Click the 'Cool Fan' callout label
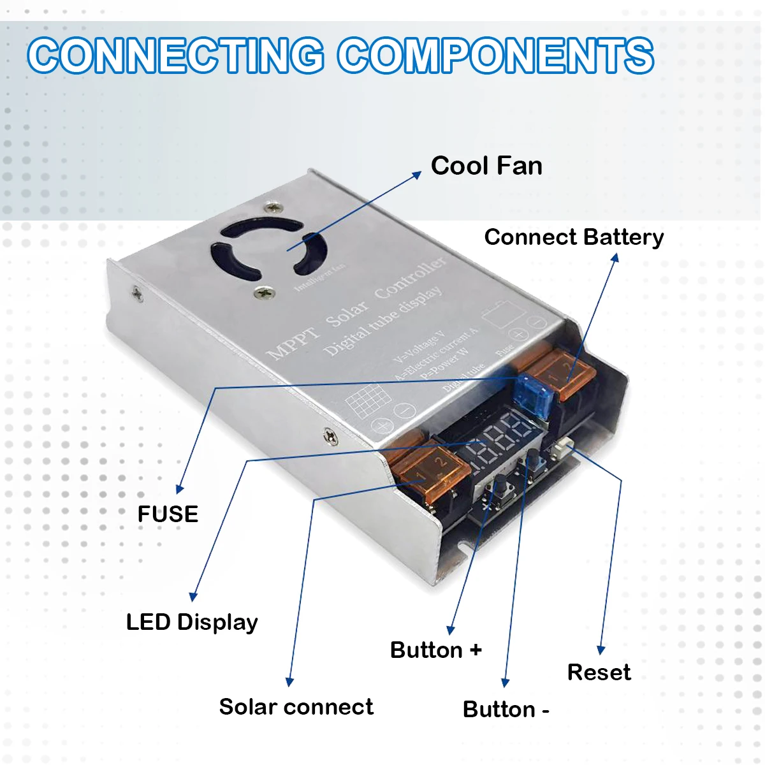(486, 166)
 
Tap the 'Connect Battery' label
(574, 237)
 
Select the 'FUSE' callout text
(168, 514)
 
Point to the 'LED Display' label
(192, 622)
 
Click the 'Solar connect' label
(296, 707)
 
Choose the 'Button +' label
(435, 650)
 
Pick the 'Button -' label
(506, 710)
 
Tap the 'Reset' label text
(599, 673)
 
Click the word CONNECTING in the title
(176, 55)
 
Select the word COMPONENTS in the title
(495, 55)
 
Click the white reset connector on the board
(564, 449)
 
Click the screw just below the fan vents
(265, 293)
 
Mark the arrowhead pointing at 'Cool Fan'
(416, 174)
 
